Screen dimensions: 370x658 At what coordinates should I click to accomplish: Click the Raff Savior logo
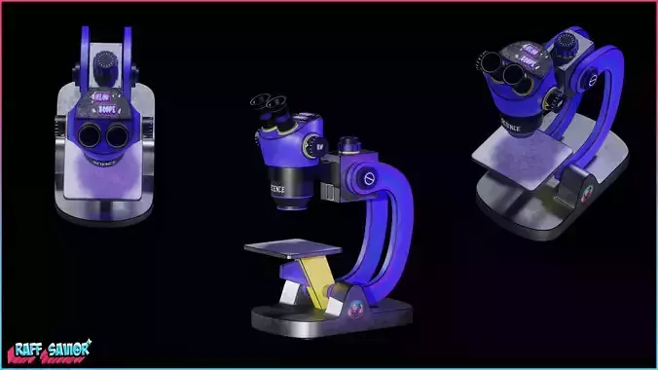tap(48, 349)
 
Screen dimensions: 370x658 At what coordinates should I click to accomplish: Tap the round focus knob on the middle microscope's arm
tap(367, 179)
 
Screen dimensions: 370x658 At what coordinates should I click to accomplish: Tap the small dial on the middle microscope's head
tap(318, 149)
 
